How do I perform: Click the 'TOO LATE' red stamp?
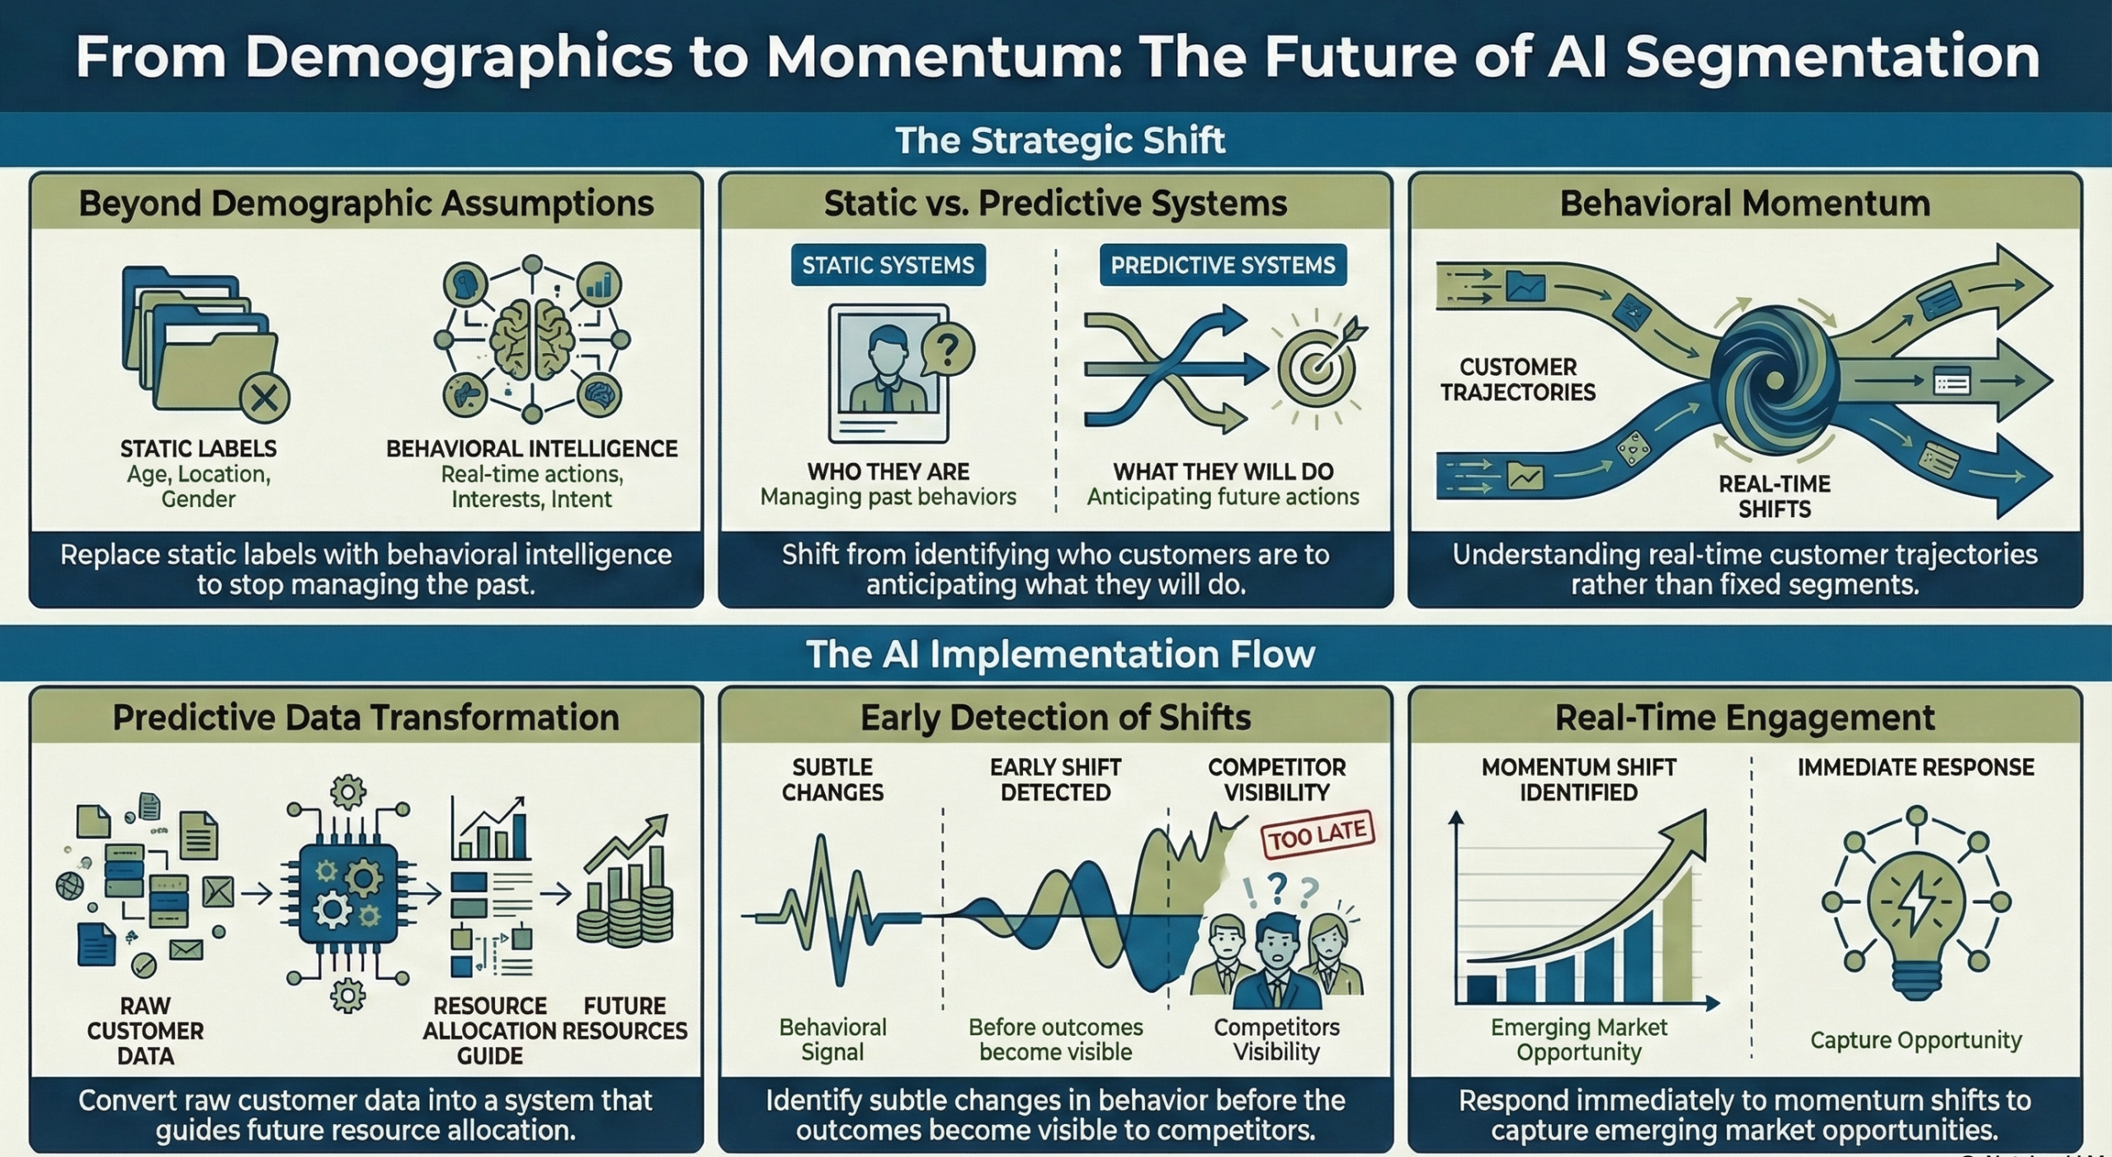(1318, 835)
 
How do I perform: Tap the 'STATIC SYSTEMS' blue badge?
(888, 265)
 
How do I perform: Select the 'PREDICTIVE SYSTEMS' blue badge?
(1223, 265)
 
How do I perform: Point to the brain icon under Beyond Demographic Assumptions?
(532, 338)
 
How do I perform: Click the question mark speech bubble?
(948, 350)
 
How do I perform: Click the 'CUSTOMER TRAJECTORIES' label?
(1518, 379)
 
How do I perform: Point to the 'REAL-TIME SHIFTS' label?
(1775, 496)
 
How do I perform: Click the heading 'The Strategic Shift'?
(1060, 140)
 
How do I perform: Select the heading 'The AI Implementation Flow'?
(1060, 654)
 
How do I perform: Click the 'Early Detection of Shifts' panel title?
(1055, 717)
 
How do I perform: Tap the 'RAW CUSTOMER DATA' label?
(145, 1031)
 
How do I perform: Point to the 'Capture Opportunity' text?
(1916, 1040)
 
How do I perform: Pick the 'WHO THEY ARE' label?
(888, 472)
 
